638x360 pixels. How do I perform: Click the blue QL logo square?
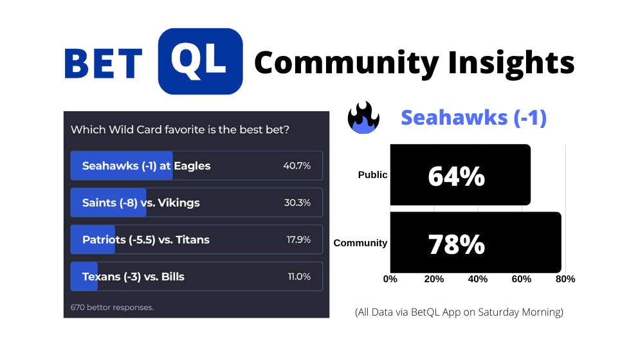click(200, 62)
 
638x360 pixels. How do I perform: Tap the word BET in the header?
click(104, 63)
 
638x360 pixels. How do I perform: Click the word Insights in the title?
click(511, 64)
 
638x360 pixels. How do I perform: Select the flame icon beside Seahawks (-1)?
click(363, 117)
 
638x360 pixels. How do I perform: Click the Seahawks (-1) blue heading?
click(473, 118)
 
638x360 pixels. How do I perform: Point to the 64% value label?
click(456, 176)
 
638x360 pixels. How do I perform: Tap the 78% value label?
click(456, 244)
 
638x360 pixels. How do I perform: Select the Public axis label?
click(372, 175)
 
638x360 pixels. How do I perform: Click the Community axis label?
click(360, 243)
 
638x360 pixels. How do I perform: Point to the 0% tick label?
click(390, 279)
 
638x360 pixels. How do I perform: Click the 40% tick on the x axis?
click(478, 279)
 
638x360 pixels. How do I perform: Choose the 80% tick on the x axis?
click(565, 279)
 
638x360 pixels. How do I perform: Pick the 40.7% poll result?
click(296, 166)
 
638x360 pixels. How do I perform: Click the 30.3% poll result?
click(297, 203)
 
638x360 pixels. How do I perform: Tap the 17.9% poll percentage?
click(298, 240)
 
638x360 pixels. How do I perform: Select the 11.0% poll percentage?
click(299, 276)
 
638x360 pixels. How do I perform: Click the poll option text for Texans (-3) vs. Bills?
click(133, 276)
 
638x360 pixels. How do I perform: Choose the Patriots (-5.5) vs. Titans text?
click(145, 240)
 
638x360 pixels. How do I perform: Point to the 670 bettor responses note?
click(112, 307)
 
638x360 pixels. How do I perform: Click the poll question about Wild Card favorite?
click(180, 130)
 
